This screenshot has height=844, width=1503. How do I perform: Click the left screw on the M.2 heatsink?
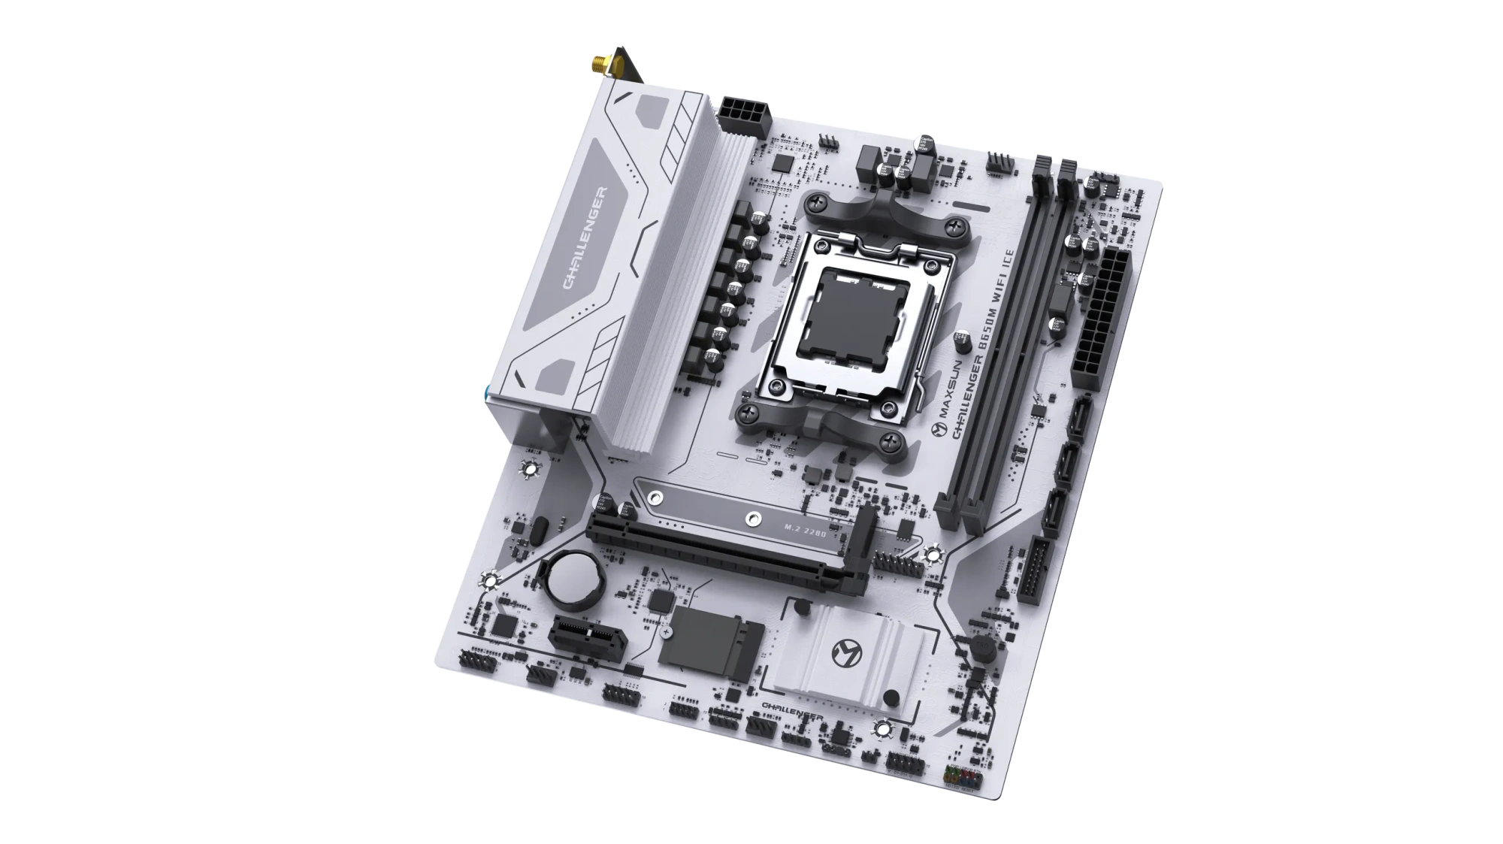pos(655,495)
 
